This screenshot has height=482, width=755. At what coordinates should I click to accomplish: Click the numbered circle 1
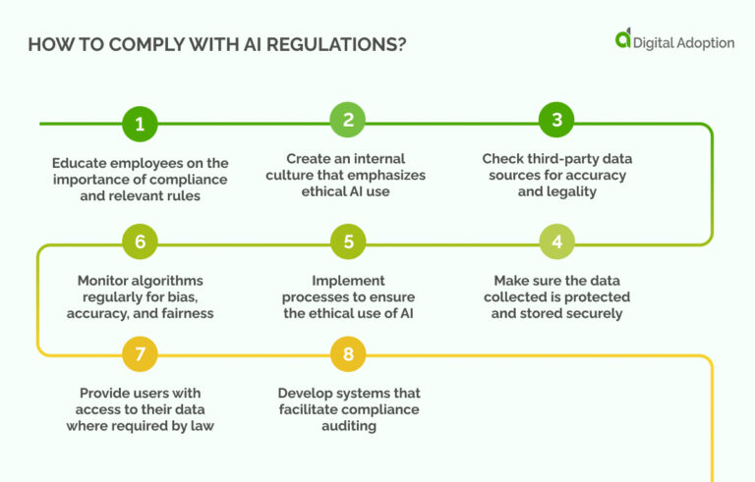[140, 124]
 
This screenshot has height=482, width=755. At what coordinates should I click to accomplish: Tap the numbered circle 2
[348, 122]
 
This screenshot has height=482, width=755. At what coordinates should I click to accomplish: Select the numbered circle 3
[556, 122]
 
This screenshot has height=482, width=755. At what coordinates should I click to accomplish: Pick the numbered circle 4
[556, 241]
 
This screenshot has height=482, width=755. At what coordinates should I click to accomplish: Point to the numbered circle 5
[348, 241]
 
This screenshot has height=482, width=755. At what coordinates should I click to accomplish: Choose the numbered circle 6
[140, 241]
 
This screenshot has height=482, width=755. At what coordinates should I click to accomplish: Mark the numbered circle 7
[140, 353]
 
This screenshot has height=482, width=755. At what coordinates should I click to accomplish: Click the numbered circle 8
[348, 353]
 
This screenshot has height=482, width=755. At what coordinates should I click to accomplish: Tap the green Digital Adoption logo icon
[622, 38]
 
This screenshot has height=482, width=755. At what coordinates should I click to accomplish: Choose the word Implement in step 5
[347, 280]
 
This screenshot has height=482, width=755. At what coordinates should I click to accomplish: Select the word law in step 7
[203, 426]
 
